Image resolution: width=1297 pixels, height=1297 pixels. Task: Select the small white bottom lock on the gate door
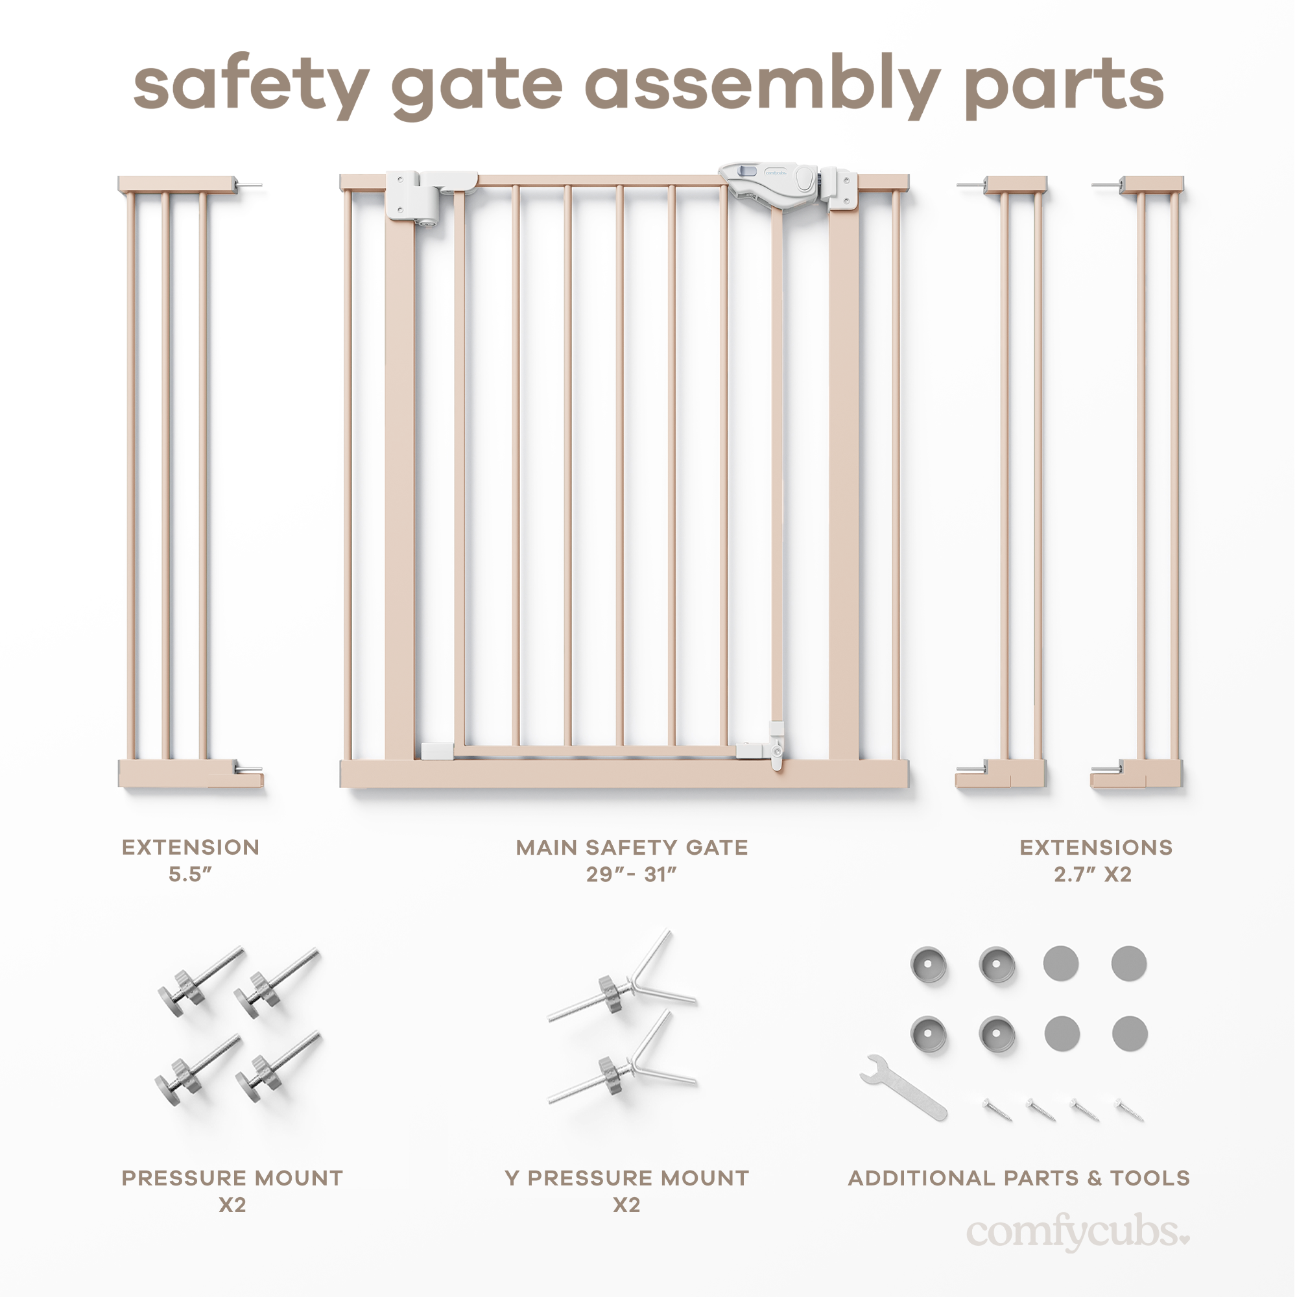pos(777,746)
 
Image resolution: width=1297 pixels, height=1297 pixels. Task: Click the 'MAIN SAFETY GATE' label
pos(632,848)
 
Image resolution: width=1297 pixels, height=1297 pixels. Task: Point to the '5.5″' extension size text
pos(190,875)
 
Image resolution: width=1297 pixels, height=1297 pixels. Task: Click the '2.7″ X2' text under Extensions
pos(1092,875)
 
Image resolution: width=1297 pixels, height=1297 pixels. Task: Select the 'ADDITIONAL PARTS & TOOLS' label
pos(1018,1178)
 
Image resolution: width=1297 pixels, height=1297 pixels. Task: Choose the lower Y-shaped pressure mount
pos(621,1064)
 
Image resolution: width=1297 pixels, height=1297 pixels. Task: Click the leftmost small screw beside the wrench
pos(997,1108)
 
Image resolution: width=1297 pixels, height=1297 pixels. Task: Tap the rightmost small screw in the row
pos(1129,1108)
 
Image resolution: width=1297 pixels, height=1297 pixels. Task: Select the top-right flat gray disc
pos(1128,964)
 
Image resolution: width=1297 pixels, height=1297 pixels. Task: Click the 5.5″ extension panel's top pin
pos(250,185)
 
